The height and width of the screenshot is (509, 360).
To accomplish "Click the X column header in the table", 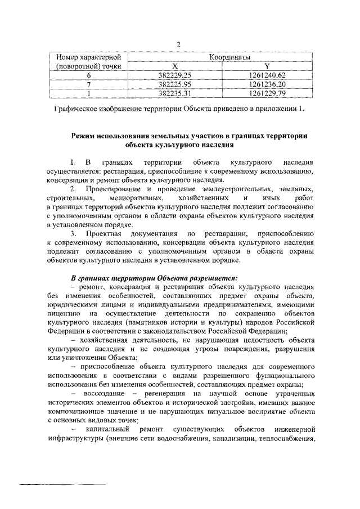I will [x=174, y=66].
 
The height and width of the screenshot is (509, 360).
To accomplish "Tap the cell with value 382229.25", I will [x=175, y=75].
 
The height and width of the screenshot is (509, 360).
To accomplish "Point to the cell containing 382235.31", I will [x=175, y=93].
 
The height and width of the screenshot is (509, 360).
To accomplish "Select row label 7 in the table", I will [x=89, y=84].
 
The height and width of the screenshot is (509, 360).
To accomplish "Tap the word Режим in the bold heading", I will [x=84, y=136].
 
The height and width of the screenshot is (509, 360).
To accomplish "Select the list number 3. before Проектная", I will [x=74, y=233].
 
